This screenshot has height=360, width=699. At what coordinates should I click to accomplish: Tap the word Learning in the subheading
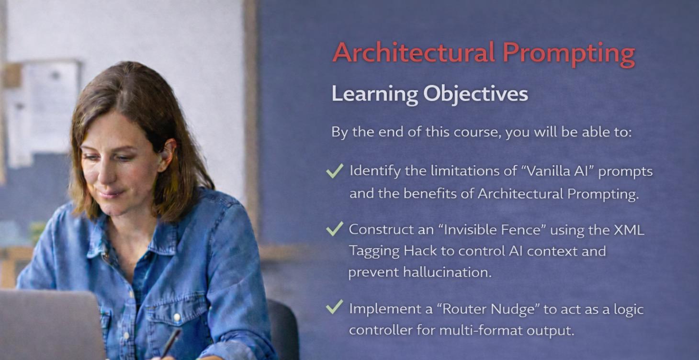click(x=374, y=94)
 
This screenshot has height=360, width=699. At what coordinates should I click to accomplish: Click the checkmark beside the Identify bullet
click(x=335, y=170)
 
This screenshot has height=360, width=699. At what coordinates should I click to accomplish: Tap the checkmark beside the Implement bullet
click(x=335, y=306)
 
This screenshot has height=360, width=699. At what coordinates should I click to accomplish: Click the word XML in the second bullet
click(x=629, y=230)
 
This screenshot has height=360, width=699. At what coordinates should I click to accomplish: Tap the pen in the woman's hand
click(x=171, y=341)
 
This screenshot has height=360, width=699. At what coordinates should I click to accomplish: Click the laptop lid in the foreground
click(x=50, y=326)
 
